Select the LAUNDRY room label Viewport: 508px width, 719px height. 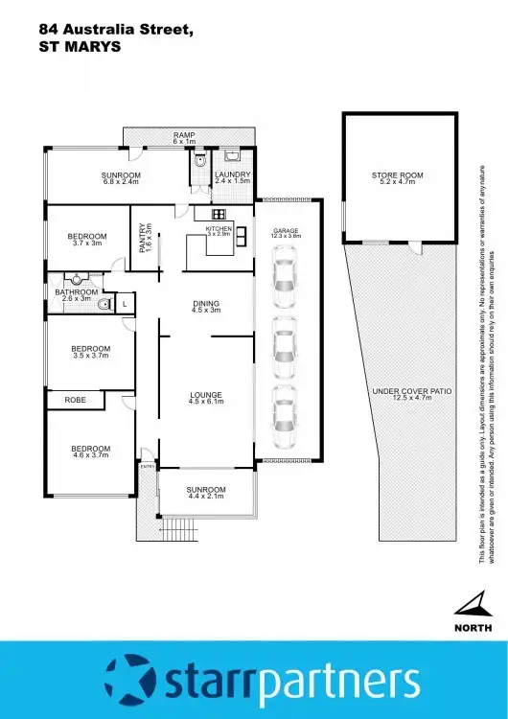point(232,174)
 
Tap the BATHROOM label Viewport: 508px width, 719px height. point(73,292)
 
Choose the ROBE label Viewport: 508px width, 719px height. point(75,399)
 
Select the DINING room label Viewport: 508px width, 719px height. point(206,304)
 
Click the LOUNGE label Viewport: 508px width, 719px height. point(206,394)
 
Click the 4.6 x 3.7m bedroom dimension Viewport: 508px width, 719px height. point(90,455)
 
